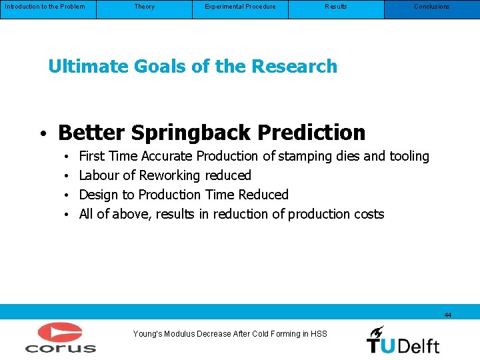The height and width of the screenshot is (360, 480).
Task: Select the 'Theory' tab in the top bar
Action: point(144,7)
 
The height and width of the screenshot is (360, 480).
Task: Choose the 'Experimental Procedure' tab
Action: point(240,7)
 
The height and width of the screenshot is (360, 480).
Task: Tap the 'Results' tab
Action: point(336,7)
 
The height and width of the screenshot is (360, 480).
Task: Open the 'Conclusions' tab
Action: point(431,7)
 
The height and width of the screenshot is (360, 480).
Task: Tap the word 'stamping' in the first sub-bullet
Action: point(304,157)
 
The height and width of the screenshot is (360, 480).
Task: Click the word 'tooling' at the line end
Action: point(409,157)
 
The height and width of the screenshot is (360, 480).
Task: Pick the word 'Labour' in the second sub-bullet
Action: point(98,175)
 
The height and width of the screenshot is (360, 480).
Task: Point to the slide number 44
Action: point(447,315)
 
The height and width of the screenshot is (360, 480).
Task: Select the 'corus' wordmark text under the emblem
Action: point(61,347)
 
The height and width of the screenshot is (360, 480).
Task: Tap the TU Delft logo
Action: point(403,339)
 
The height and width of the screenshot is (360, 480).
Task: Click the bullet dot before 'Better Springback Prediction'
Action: point(41,134)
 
